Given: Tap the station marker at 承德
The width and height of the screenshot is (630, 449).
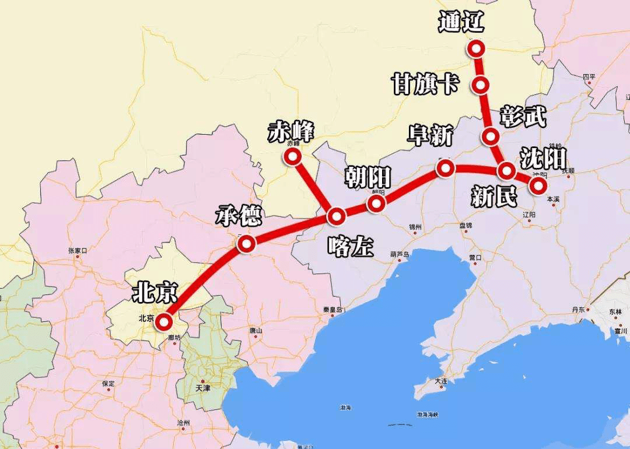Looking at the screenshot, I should click(246, 244).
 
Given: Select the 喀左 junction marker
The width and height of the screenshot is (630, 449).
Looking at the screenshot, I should click(337, 216).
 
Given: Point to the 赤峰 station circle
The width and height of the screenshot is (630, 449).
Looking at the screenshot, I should click(292, 156).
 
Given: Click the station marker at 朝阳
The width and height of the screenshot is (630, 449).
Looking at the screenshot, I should click(376, 203).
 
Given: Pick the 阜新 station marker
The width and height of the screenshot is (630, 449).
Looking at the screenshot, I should click(445, 169).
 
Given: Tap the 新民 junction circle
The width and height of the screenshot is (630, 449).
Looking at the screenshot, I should click(506, 171).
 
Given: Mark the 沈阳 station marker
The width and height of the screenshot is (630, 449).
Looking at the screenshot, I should click(537, 185).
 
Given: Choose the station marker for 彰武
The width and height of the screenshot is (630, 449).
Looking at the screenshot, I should click(491, 137).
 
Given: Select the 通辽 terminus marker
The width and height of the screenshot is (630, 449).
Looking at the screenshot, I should click(477, 48).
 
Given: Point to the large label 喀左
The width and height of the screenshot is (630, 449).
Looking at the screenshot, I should click(351, 247).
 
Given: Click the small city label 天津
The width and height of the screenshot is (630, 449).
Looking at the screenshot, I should click(202, 387).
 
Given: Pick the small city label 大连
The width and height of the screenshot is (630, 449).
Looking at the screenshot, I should click(440, 381).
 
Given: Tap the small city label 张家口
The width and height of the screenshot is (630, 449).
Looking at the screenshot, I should click(78, 251).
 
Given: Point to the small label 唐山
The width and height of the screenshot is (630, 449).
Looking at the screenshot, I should click(255, 331).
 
